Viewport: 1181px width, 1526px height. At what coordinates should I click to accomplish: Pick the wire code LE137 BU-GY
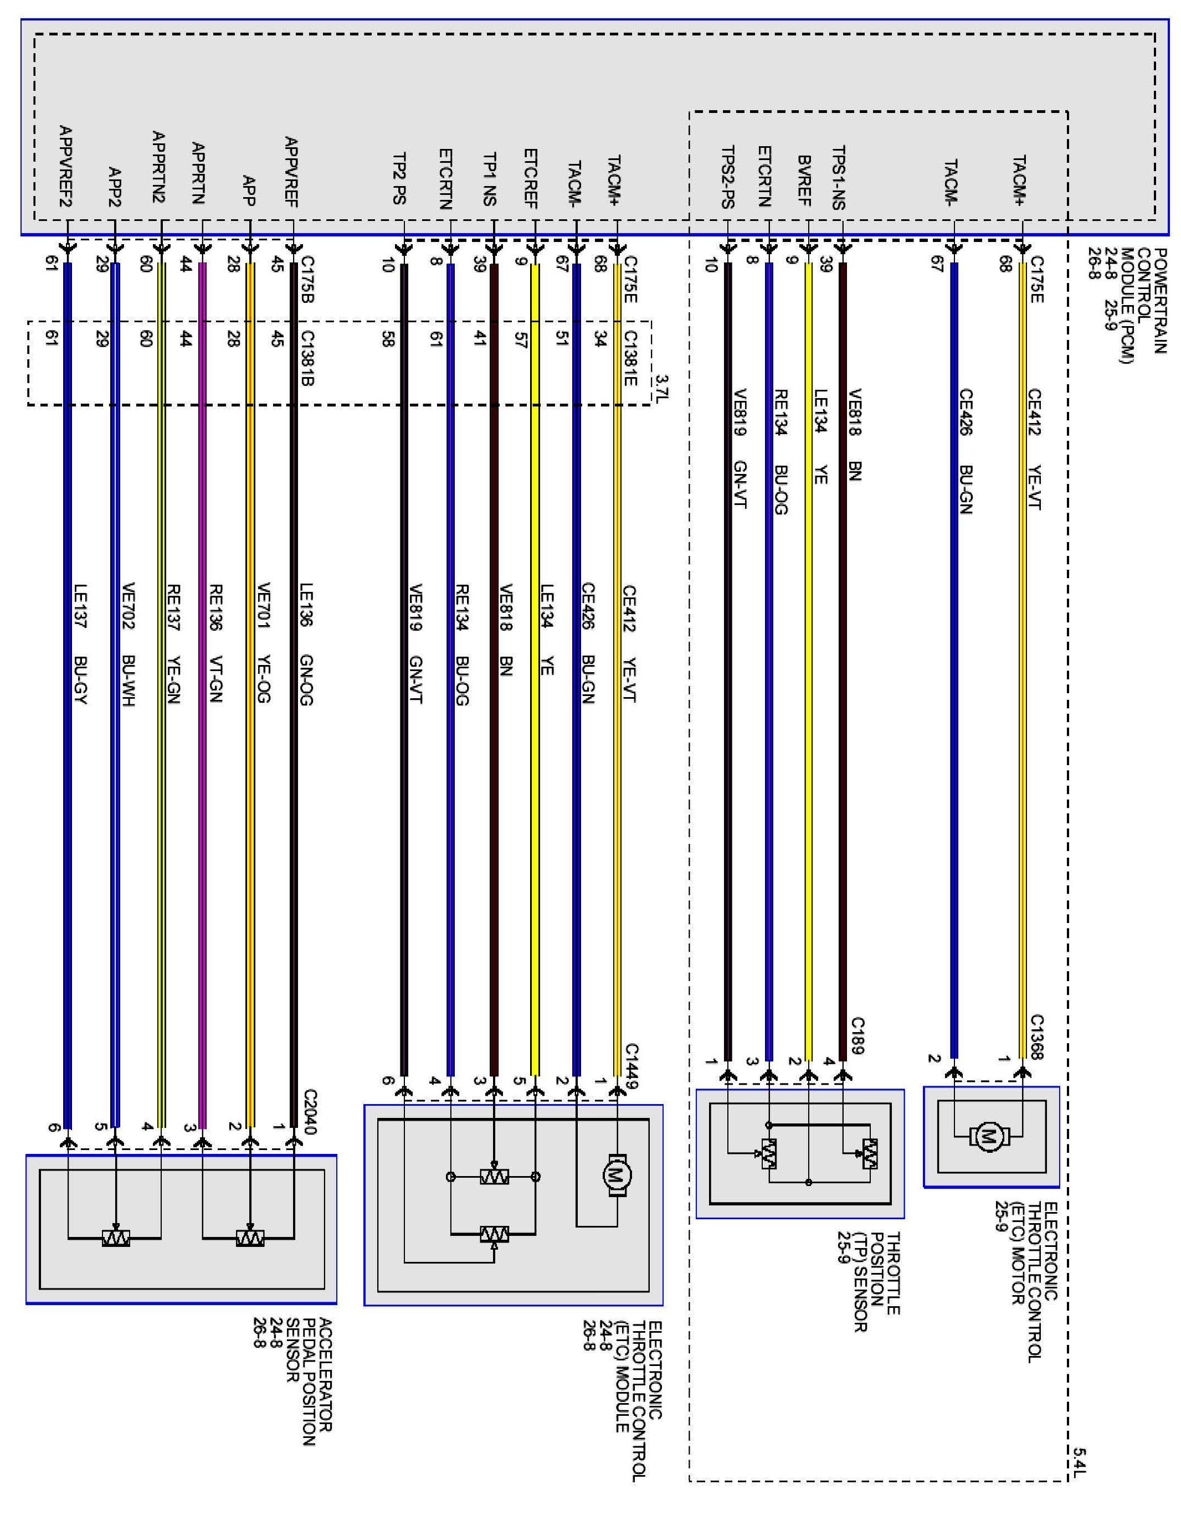pyautogui.click(x=80, y=643)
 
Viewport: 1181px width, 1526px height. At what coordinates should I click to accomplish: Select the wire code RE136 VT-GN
pyautogui.click(x=216, y=643)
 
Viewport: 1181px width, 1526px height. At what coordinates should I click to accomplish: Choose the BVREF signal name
pyautogui.click(x=804, y=181)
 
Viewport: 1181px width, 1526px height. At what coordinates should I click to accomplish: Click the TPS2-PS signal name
pyautogui.click(x=727, y=177)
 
